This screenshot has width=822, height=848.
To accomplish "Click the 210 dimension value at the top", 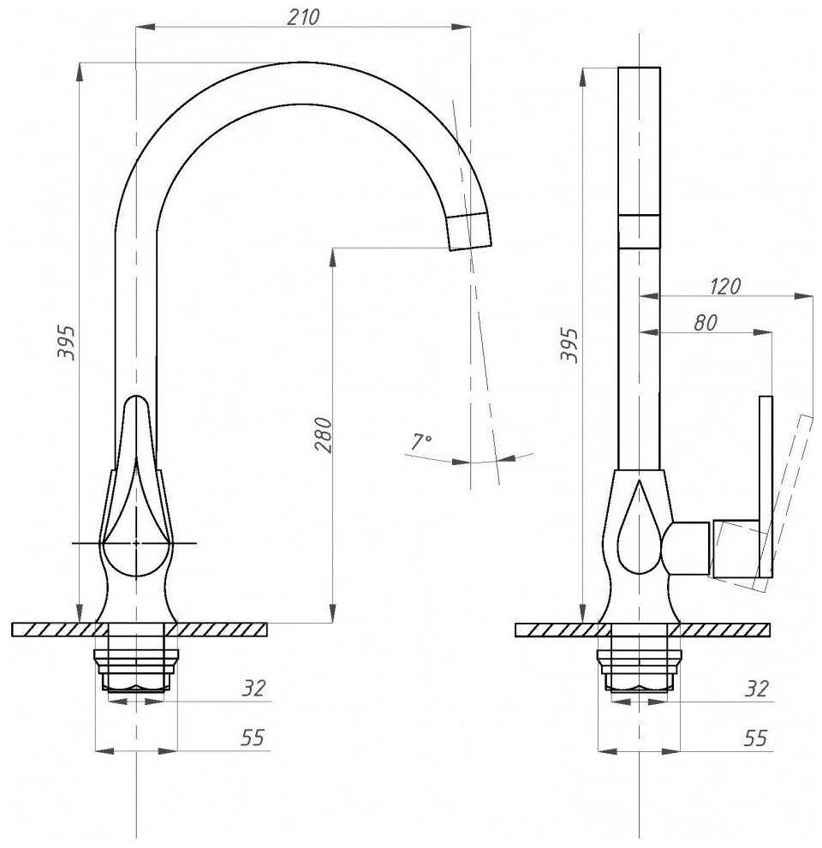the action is pos(303,17).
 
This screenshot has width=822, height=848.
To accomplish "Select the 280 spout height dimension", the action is pos(323,434).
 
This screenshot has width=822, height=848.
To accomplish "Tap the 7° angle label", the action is pos(420,441).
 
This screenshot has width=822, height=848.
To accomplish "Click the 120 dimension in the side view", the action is pos(725,286).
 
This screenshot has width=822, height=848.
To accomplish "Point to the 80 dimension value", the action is pos(706,323).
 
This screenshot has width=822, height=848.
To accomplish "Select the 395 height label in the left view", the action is pos(67,342).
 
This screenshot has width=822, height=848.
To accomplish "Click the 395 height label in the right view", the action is pos(569,344).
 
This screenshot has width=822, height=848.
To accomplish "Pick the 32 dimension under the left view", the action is pos(253,688).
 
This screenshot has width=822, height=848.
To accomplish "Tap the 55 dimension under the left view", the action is pos(253,738).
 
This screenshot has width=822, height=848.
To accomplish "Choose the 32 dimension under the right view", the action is pos(757,688).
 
